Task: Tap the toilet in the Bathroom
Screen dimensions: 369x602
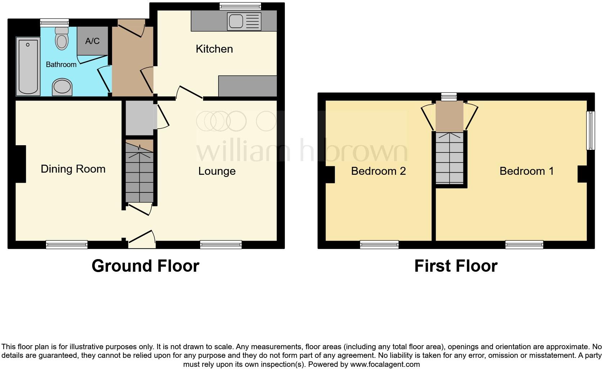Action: [x=62, y=38]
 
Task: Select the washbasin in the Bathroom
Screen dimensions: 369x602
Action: [x=62, y=87]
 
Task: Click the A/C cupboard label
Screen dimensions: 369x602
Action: [x=92, y=41]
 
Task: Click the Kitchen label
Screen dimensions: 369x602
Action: [x=214, y=49]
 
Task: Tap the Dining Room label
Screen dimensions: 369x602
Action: [x=73, y=169]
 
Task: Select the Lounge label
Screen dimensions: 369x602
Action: [x=217, y=171]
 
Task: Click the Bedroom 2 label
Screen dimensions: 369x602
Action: [x=378, y=171]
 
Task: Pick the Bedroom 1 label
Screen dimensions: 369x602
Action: [x=526, y=171]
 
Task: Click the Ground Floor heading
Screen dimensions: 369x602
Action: [x=145, y=266]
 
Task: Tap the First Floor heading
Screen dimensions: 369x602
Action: [x=456, y=266]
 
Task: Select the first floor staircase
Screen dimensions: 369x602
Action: [x=450, y=159]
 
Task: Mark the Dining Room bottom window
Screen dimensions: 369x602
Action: [x=67, y=245]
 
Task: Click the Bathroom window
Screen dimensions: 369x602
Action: [x=54, y=22]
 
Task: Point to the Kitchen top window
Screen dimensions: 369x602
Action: [x=240, y=6]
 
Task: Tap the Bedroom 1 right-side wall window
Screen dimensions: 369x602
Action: [x=590, y=130]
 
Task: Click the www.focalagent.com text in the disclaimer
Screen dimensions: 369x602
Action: [x=385, y=364]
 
